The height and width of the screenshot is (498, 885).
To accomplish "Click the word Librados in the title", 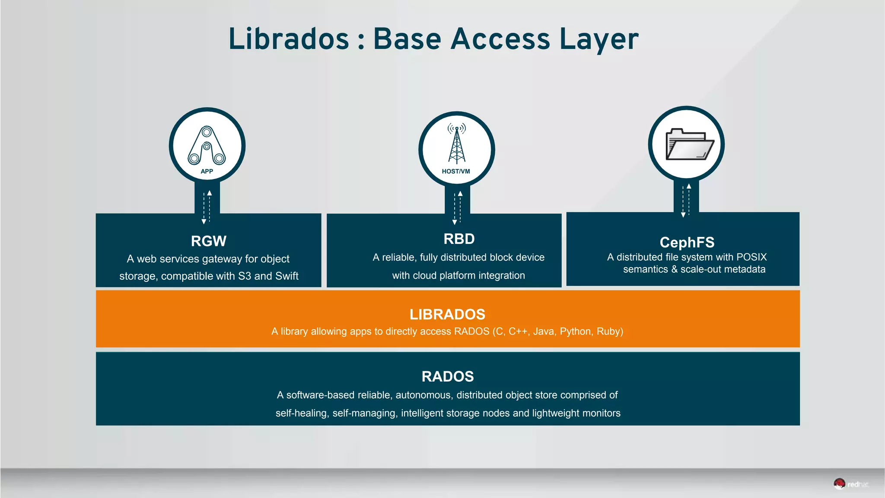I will [x=289, y=39].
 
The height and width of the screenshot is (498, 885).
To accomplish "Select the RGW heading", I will [x=208, y=241].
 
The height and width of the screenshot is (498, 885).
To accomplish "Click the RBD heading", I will [x=459, y=239].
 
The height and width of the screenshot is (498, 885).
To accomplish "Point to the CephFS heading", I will [x=687, y=242].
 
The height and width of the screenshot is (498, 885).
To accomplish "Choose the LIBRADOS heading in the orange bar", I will [x=447, y=314].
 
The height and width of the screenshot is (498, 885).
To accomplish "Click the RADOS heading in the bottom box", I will [x=448, y=376].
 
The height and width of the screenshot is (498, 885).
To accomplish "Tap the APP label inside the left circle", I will [x=207, y=171].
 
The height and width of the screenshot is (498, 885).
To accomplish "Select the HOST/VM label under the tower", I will [x=456, y=171].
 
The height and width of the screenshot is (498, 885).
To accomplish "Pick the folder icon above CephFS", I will [x=689, y=144].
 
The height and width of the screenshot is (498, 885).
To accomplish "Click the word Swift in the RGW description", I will [x=287, y=276].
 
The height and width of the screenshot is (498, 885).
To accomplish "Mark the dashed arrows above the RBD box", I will [x=457, y=207].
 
